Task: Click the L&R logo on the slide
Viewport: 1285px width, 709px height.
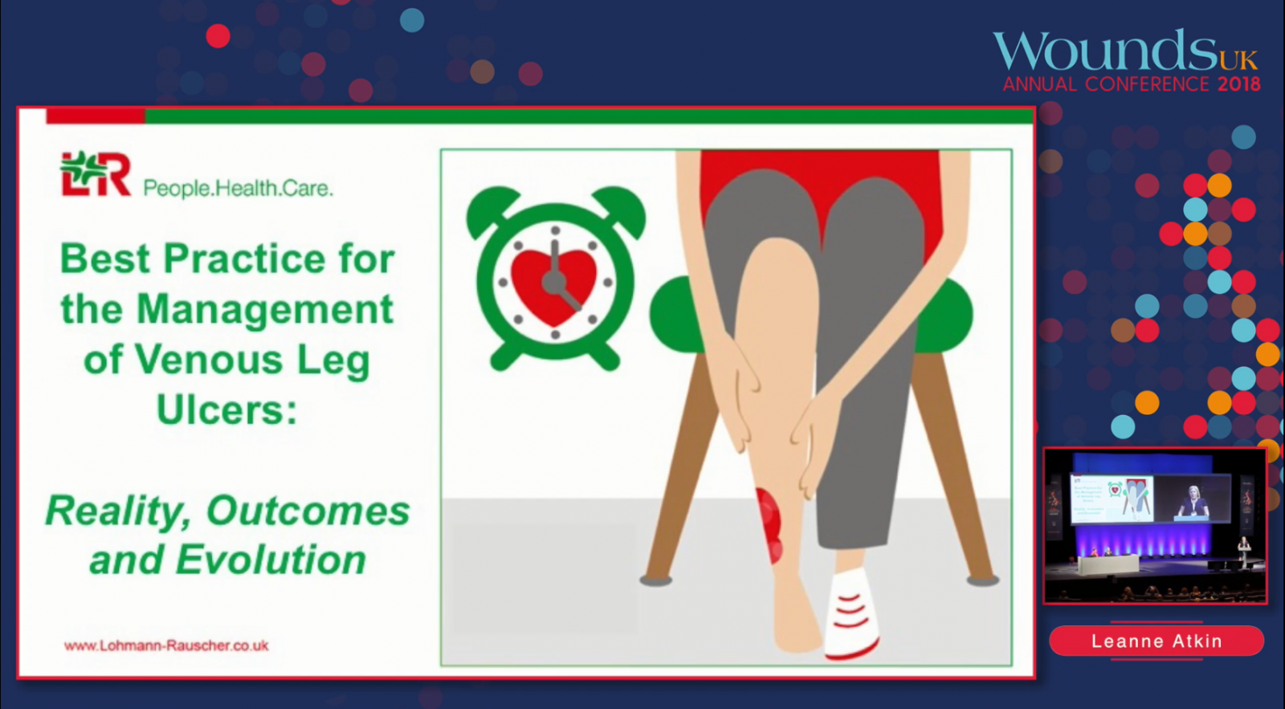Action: coord(96,173)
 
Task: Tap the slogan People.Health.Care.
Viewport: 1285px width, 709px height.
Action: coord(238,188)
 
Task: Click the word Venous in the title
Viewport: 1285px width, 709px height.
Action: coord(208,360)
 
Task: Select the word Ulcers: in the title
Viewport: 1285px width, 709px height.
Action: coord(227,410)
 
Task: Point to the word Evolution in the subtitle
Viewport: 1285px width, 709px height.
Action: coord(270,560)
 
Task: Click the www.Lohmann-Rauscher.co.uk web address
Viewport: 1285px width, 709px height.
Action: coord(166,646)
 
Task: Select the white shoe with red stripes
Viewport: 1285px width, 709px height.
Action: coord(851,613)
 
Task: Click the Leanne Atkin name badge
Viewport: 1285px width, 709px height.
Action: coord(1156,641)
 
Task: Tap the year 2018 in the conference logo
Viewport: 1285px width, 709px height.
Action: coord(1239,84)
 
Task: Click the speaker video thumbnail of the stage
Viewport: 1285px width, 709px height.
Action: coord(1155,525)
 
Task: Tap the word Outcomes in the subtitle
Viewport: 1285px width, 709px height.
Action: coord(308,511)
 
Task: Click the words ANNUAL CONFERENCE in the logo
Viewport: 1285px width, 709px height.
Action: coord(1106,84)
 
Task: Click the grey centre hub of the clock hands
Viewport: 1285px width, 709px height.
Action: coord(554,282)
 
